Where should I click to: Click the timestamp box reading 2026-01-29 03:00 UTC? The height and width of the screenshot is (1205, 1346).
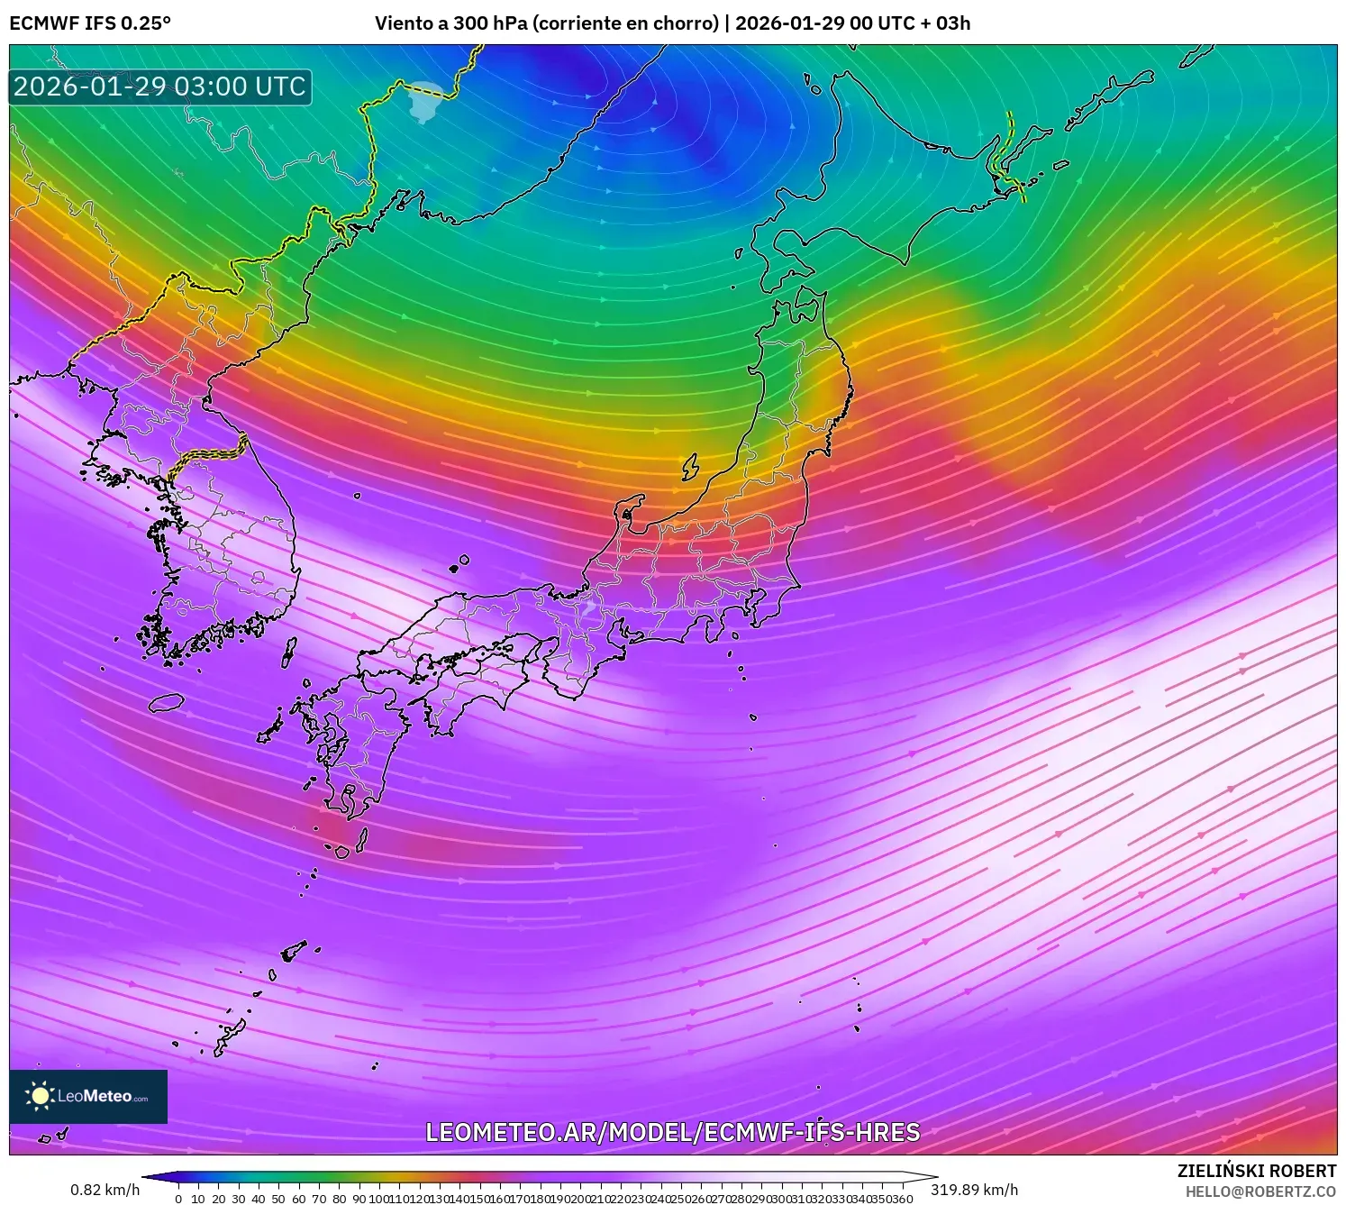160,87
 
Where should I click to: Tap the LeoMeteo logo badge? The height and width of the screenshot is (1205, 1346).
88,1096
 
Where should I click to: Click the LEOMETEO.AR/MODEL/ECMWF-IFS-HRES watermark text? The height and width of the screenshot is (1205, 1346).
672,1132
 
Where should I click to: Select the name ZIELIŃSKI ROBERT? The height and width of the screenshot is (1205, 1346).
1256,1171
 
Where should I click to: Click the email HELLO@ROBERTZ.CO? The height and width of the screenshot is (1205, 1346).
1260,1191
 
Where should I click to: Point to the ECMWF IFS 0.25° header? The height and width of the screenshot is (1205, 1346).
90,23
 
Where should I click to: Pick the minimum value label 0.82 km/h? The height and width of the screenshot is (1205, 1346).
105,1190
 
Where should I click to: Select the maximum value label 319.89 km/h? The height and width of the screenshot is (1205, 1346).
974,1190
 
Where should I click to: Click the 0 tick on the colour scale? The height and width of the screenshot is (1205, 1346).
178,1199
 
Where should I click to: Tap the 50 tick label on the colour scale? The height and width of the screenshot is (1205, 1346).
278,1199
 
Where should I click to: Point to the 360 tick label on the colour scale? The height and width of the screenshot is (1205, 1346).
904,1199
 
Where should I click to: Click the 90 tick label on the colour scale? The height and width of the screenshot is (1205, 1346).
359,1199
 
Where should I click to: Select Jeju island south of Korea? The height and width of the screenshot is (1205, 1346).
167,701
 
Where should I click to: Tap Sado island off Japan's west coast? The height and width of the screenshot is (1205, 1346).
690,467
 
